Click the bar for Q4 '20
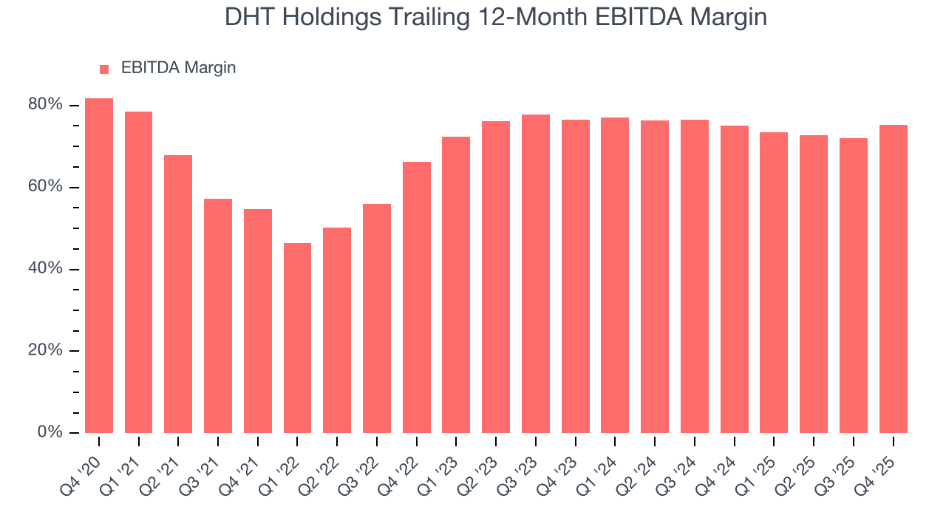point(99,266)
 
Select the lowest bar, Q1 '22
point(297,338)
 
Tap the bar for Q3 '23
point(535,273)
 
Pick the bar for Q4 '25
point(893,279)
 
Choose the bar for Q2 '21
point(178,294)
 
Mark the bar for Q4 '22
point(416,297)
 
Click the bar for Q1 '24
point(615,275)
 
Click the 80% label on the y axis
point(45,105)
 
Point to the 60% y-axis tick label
point(45,187)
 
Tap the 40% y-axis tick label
point(45,269)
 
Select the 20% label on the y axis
point(45,351)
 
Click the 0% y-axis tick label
point(50,432)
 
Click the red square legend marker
point(104,69)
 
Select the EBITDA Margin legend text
point(178,68)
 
